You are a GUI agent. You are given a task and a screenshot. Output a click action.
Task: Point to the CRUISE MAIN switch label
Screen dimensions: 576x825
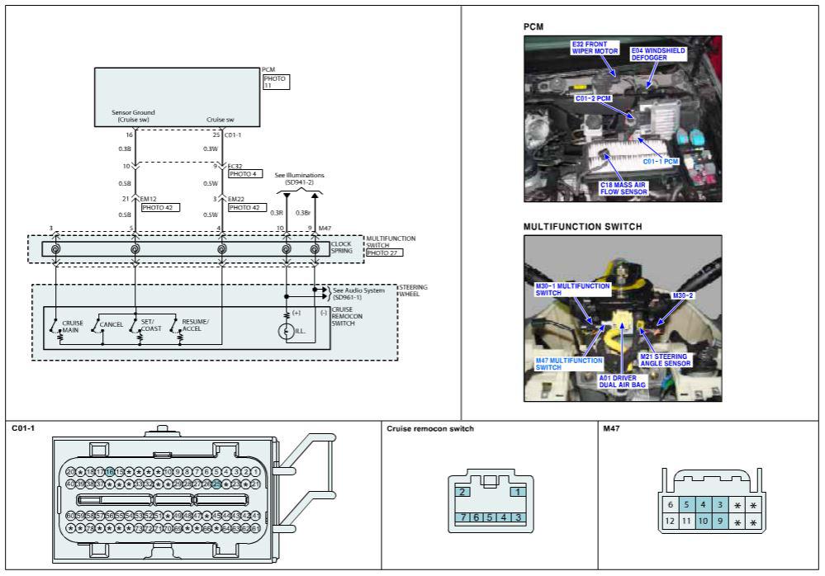pos(72,325)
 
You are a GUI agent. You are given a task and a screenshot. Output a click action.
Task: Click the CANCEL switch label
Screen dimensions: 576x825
pos(111,324)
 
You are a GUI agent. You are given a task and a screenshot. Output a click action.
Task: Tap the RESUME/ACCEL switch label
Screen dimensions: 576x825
pos(196,323)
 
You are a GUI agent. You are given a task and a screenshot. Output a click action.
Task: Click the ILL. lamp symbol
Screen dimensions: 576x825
pos(287,331)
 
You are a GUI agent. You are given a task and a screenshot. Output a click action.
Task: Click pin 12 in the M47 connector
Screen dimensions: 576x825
pos(670,521)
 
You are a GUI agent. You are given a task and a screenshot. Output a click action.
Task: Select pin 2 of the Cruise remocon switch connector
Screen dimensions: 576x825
pos(463,492)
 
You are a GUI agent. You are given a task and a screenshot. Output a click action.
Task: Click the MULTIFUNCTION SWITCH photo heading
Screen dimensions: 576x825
pos(583,225)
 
